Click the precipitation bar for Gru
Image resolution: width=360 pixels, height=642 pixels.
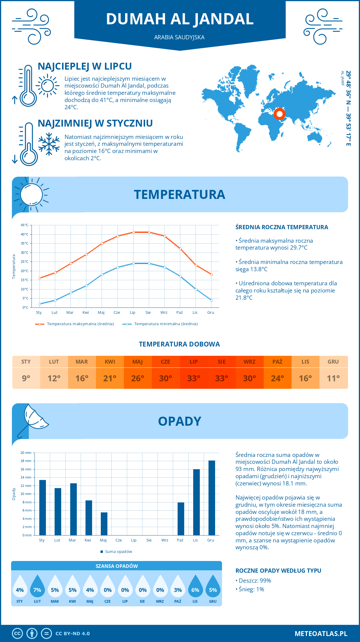(212, 498)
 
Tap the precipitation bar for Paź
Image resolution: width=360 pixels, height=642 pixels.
(181, 519)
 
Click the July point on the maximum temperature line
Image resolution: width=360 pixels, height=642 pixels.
(133, 232)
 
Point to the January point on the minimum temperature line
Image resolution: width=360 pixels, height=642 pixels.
(40, 304)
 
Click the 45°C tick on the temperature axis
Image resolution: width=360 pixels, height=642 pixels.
(25, 225)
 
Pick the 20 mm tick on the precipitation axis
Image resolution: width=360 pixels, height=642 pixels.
(26, 453)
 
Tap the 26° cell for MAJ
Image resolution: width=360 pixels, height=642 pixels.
(138, 378)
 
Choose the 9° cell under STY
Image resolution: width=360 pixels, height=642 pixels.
(26, 378)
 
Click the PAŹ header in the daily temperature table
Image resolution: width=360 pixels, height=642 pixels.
(277, 362)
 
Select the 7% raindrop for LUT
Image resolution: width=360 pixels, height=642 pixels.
(37, 586)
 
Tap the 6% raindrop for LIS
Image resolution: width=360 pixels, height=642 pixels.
(195, 586)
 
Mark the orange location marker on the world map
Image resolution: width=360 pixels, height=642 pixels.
(280, 114)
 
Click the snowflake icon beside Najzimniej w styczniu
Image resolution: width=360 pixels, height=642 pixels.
(49, 144)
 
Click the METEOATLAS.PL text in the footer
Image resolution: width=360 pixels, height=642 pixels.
(321, 634)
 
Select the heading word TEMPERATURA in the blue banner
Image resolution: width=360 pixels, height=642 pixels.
(179, 194)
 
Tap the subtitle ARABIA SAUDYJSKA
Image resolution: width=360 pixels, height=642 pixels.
(179, 37)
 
